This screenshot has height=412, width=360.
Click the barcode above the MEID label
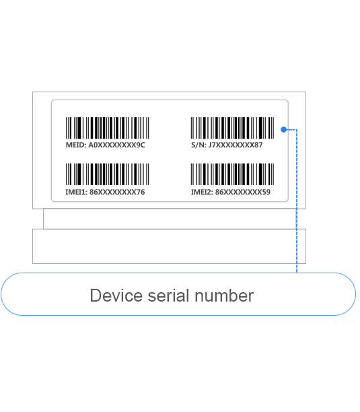(108, 128)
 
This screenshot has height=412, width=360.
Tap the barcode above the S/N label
(232, 128)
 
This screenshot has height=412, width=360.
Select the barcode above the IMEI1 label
(108, 174)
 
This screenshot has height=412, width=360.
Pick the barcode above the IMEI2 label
(232, 174)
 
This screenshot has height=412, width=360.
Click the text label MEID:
(76, 145)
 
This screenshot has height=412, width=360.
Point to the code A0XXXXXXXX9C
(116, 145)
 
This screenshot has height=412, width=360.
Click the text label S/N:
(199, 145)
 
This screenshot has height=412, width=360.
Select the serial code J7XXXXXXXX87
(236, 145)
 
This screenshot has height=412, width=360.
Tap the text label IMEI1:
(76, 192)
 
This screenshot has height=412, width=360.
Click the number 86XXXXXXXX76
(117, 192)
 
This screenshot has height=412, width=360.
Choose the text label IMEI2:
(202, 192)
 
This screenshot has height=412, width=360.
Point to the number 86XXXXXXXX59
(243, 192)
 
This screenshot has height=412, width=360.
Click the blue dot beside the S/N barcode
(283, 129)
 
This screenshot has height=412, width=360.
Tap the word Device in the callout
(116, 296)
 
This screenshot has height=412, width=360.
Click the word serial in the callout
(169, 296)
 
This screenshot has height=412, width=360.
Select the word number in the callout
(224, 296)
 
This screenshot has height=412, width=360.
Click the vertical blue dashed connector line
(297, 201)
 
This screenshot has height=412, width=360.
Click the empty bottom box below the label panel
(169, 246)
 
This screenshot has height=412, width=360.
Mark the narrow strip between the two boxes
(170, 219)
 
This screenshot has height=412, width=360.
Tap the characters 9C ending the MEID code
(141, 145)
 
